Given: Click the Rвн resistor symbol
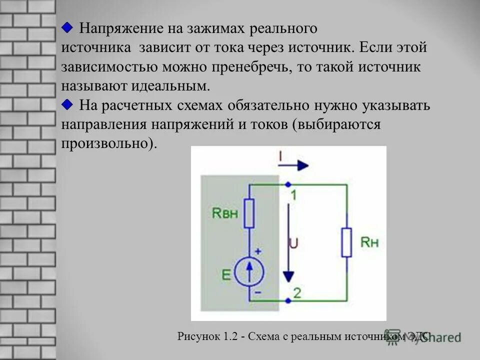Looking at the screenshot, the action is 249,212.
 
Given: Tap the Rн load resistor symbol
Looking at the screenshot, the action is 346,242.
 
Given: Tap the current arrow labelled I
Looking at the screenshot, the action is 295,164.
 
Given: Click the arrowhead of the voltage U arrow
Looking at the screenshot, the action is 288,276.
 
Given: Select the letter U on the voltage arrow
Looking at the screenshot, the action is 294,243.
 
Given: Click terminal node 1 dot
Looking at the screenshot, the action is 288,184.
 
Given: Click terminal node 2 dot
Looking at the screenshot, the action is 288,300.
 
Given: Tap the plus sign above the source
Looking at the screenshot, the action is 258,251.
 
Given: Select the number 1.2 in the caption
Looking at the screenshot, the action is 229,336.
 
